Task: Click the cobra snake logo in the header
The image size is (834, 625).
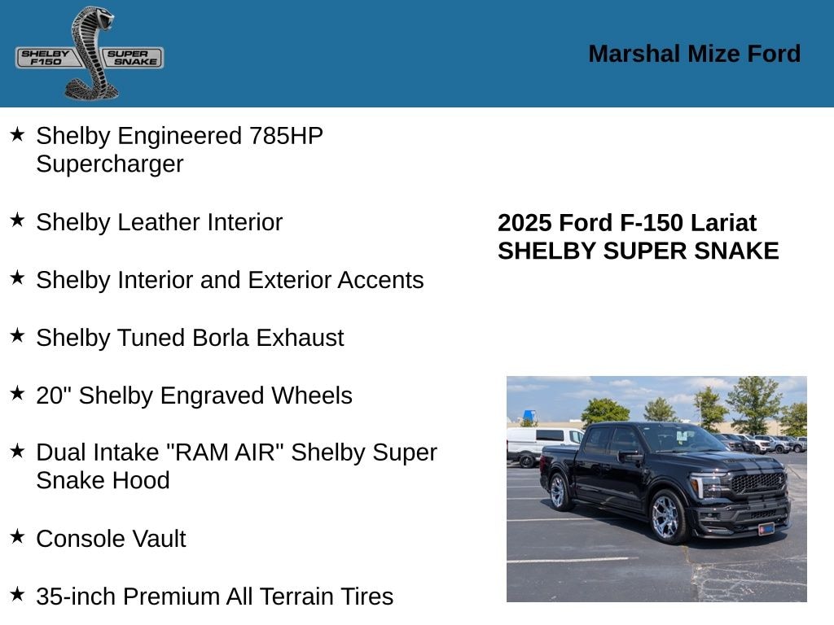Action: [x=90, y=53]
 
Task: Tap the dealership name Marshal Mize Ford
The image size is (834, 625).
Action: [x=694, y=54]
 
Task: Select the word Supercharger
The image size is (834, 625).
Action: [x=109, y=164]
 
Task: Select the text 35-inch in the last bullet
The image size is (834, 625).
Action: [x=76, y=597]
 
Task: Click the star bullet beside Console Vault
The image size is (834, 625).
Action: [x=17, y=536]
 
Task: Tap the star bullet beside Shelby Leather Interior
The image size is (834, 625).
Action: [x=17, y=220]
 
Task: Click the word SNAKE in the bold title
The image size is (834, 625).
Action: [x=740, y=251]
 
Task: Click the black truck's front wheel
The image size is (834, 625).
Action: [x=665, y=516]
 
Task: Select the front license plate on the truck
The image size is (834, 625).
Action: [x=766, y=528]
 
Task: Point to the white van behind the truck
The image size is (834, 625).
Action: [x=538, y=444]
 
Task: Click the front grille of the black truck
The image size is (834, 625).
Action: [x=757, y=483]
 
